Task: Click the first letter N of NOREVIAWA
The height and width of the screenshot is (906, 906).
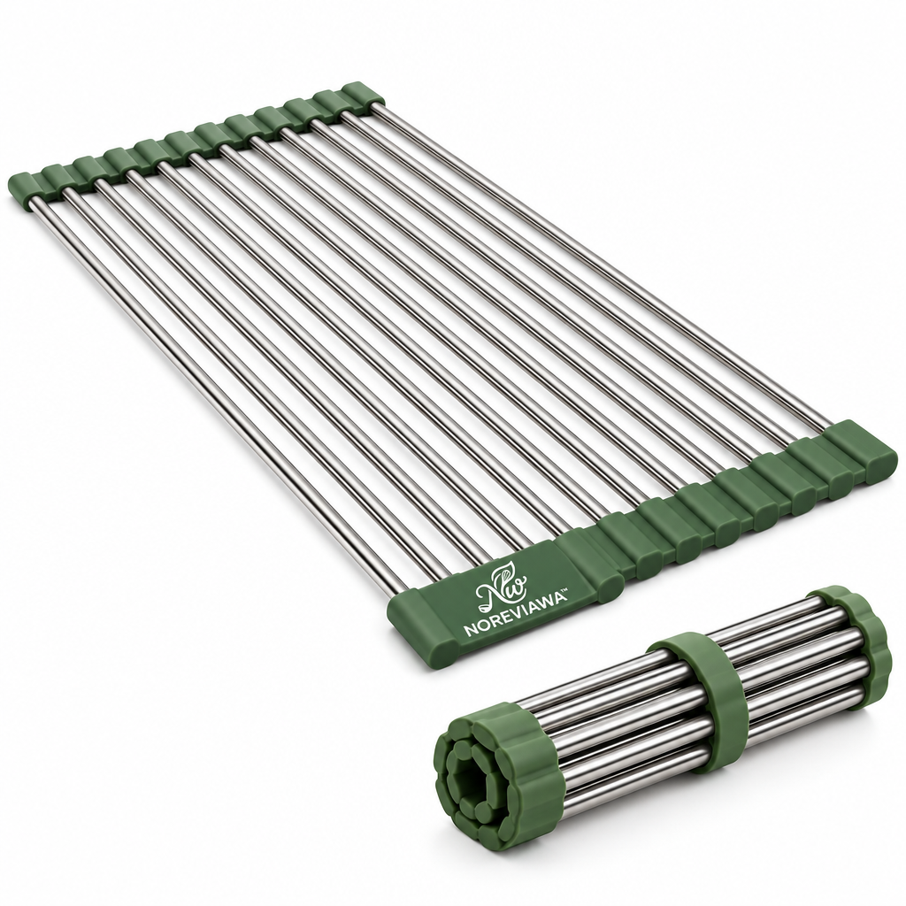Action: [469, 632]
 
